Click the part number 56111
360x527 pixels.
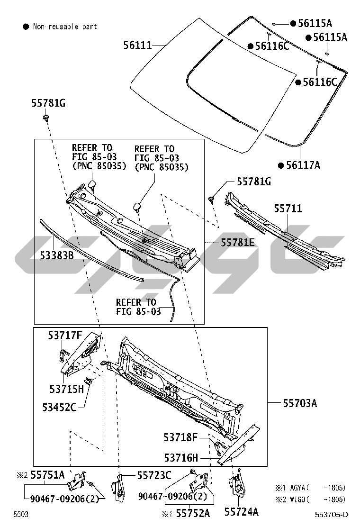click(x=137, y=45)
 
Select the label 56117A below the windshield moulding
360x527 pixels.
click(x=303, y=165)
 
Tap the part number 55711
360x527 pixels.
click(x=288, y=209)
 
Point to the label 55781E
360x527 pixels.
click(x=238, y=243)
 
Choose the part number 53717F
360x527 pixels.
click(x=65, y=336)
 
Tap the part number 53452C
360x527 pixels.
click(x=59, y=407)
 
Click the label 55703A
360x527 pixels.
click(x=300, y=403)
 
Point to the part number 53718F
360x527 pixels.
click(x=180, y=437)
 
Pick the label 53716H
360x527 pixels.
click(x=181, y=458)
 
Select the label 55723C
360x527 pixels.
click(x=154, y=475)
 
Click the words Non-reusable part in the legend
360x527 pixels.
click(x=65, y=27)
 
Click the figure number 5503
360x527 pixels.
click(x=20, y=514)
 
